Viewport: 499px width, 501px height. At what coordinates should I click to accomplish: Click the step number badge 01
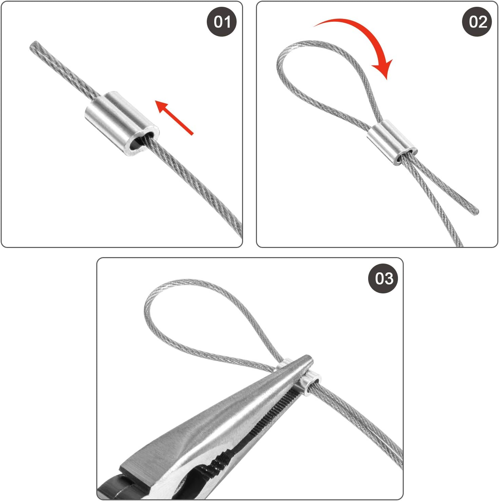coord(222,22)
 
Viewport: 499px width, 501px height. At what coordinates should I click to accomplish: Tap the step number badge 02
coord(477,22)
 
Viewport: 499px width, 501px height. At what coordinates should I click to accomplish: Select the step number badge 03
coord(383,278)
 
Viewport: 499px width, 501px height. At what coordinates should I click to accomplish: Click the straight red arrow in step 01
coord(174,117)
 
